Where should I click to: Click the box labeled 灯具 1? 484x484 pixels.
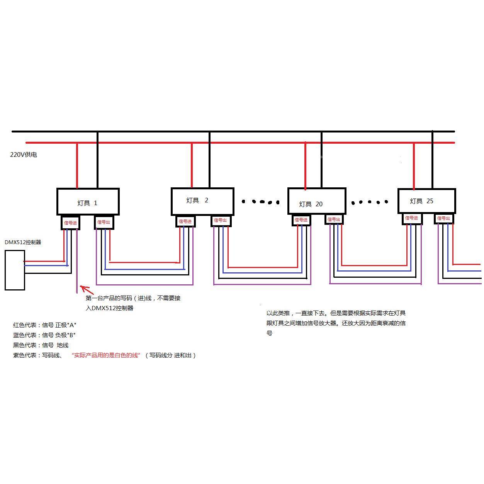(88, 202)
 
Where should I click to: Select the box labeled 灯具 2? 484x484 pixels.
(202, 202)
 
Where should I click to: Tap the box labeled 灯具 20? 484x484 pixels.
(317, 201)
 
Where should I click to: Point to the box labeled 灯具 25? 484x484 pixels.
(427, 201)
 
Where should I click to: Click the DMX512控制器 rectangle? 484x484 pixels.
(15, 270)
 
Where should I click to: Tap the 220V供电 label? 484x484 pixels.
(24, 155)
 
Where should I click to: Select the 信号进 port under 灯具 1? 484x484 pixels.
(70, 222)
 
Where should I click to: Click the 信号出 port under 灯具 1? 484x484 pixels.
(104, 222)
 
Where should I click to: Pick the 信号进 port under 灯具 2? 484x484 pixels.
(185, 221)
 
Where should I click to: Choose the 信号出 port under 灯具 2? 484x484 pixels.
(221, 221)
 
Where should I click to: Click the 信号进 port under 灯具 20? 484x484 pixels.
(301, 220)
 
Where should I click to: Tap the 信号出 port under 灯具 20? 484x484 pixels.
(334, 219)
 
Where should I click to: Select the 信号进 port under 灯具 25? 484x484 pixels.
(412, 218)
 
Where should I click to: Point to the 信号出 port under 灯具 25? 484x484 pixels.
(443, 219)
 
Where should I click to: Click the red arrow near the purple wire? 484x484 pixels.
(86, 290)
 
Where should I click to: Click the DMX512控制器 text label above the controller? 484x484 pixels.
(23, 242)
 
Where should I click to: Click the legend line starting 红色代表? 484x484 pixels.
(45, 325)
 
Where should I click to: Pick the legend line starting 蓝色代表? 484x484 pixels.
(44, 335)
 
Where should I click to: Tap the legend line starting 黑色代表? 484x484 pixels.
(41, 345)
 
